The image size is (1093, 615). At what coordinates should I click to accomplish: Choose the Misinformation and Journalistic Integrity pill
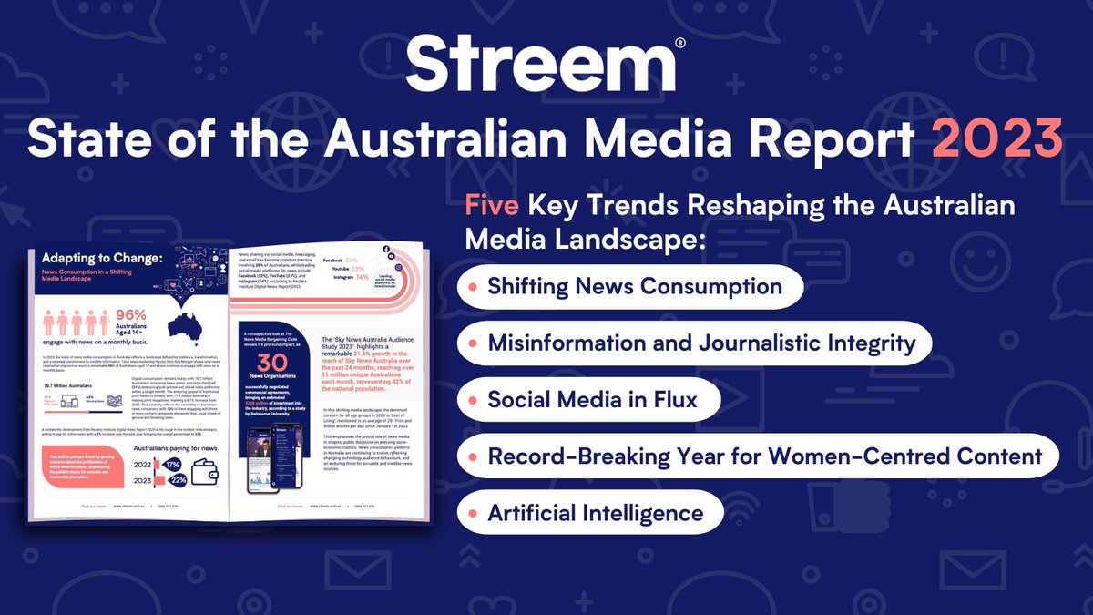tap(694, 343)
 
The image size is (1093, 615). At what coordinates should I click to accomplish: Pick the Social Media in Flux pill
tap(589, 400)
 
